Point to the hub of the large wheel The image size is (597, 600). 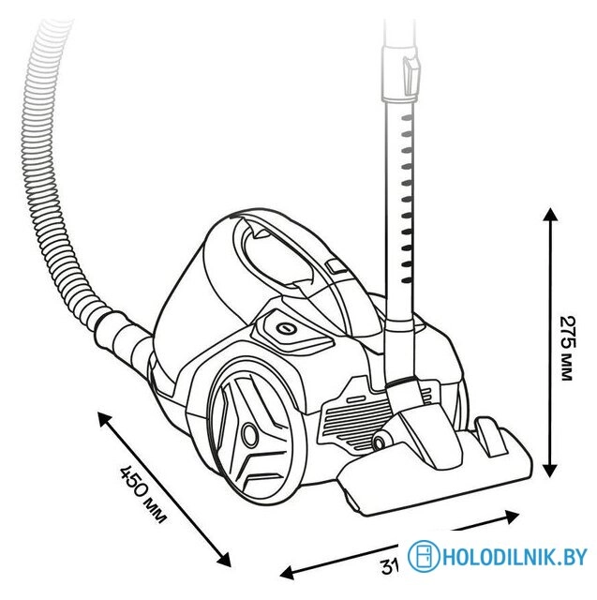coord(250,434)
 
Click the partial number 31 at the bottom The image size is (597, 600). coord(390,566)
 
